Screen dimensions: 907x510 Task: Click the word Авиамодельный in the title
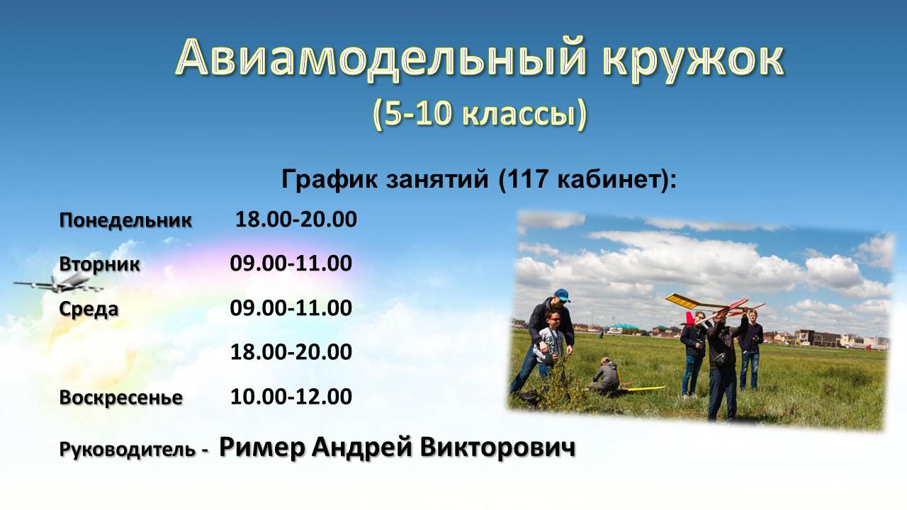(x=381, y=58)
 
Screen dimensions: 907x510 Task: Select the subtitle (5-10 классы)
(x=480, y=114)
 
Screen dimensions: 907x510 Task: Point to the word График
(x=330, y=179)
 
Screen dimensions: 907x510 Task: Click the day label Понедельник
(x=125, y=220)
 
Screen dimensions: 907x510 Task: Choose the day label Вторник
(x=100, y=265)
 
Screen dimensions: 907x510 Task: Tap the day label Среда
(x=89, y=310)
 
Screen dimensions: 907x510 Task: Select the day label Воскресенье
(x=120, y=397)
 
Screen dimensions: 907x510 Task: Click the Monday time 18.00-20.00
(x=296, y=220)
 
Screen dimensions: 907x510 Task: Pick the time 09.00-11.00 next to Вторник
(x=291, y=263)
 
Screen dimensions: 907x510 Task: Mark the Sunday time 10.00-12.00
(x=291, y=396)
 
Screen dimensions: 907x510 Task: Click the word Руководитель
(x=127, y=450)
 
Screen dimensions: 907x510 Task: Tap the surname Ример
(x=262, y=448)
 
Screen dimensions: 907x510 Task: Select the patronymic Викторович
(x=497, y=448)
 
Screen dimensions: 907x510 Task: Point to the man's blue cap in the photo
(x=562, y=295)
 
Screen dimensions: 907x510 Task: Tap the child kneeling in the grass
(x=604, y=375)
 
